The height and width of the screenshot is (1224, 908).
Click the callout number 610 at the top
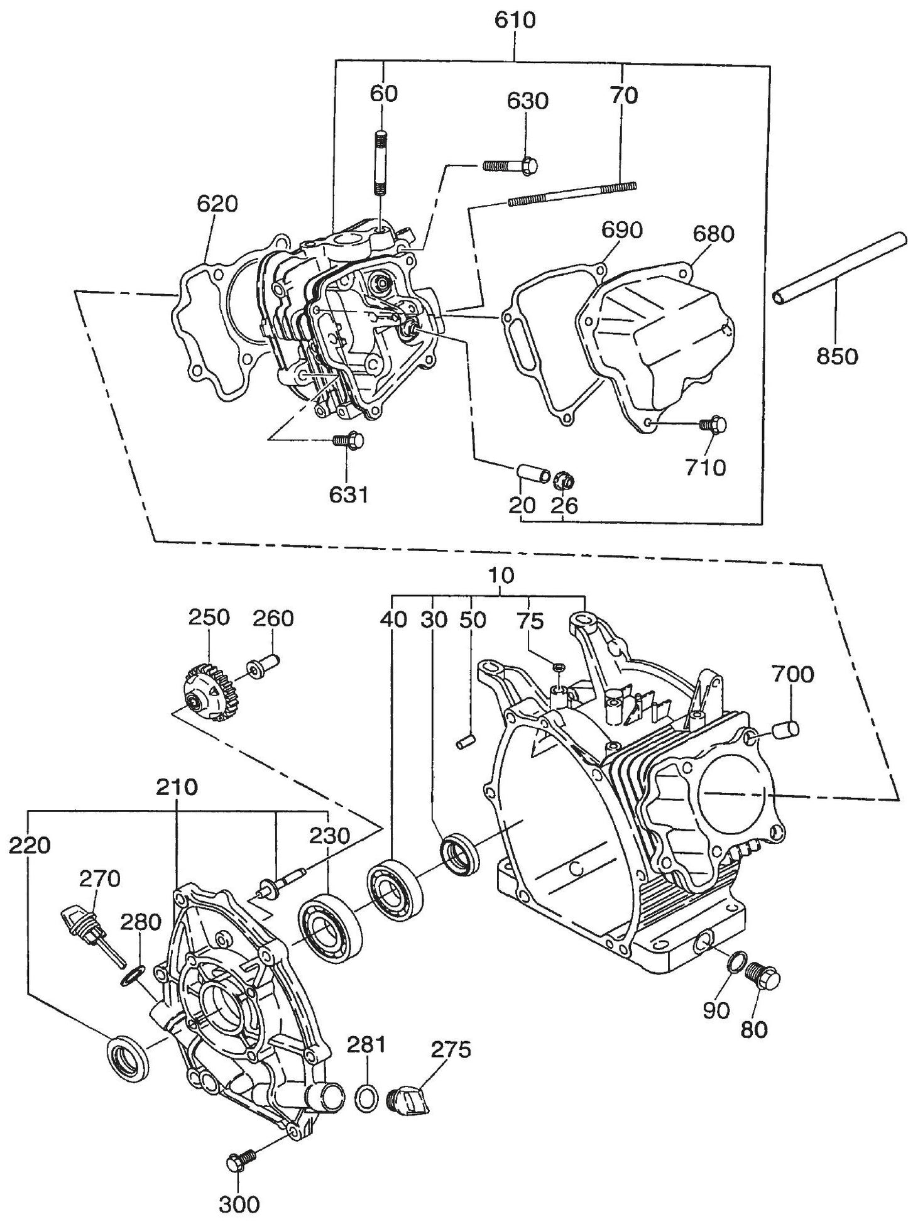click(515, 20)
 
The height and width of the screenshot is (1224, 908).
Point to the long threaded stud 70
click(572, 194)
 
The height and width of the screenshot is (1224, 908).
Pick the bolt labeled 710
click(713, 425)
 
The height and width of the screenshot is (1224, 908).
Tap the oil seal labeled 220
click(129, 1057)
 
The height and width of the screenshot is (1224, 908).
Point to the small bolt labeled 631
click(347, 440)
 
